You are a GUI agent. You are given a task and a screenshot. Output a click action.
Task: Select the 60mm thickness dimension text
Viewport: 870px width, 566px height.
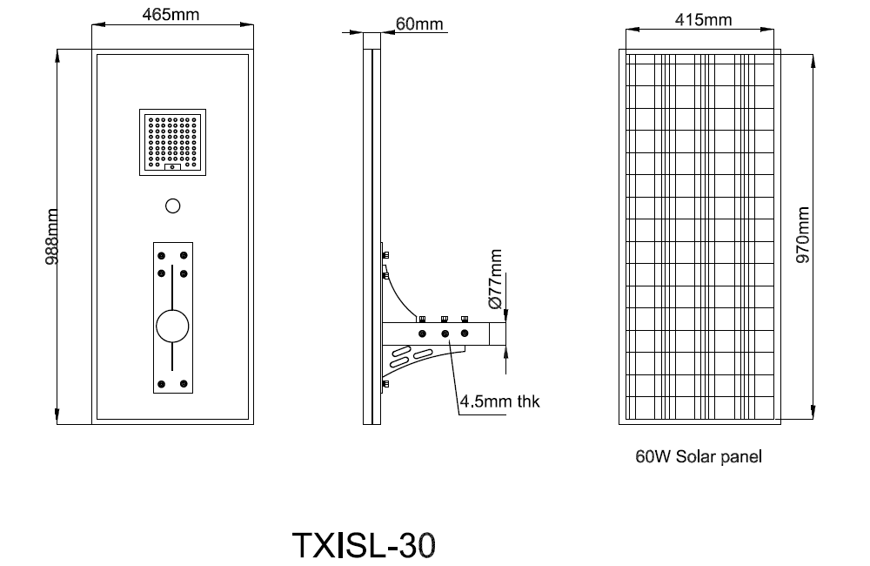pos(419,24)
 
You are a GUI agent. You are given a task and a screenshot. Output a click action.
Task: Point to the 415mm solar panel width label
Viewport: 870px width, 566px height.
pos(703,19)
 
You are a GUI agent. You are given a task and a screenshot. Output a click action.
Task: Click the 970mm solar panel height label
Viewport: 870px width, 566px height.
pos(802,235)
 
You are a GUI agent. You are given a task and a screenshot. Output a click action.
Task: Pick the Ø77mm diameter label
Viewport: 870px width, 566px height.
pos(496,279)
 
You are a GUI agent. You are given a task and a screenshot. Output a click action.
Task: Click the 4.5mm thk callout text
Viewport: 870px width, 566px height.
pos(499,402)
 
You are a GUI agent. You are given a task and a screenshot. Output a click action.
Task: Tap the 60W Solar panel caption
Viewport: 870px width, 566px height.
pos(699,456)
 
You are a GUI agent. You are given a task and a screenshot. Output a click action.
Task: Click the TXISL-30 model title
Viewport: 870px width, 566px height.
pos(362,545)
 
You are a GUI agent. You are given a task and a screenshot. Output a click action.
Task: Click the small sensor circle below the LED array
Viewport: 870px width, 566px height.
pos(172,206)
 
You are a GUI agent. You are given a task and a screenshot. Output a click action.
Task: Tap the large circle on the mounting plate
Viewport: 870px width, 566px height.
pos(172,327)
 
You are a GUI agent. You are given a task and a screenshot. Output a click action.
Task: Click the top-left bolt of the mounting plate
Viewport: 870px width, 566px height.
pos(162,254)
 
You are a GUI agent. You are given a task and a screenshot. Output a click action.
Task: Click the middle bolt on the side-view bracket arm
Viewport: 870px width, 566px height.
pos(445,334)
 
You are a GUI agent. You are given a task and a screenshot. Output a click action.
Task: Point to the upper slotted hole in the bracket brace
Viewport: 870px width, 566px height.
pos(402,354)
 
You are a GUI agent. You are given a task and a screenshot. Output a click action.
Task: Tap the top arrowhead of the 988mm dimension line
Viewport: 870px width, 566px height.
pos(58,55)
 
